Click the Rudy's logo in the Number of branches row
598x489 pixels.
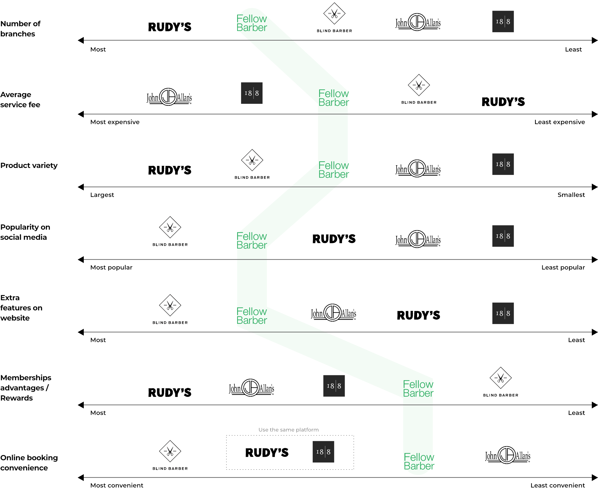tap(170, 27)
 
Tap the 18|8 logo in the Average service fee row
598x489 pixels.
tap(252, 93)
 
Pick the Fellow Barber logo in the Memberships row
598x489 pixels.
tap(418, 388)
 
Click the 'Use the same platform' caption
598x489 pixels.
tap(288, 430)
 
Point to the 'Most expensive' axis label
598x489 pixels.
tap(115, 122)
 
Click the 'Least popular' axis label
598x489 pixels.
tap(563, 267)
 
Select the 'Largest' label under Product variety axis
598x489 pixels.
tap(102, 195)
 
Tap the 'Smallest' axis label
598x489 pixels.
tap(571, 195)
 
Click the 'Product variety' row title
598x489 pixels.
tap(29, 165)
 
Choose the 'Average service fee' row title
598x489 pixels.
tap(20, 99)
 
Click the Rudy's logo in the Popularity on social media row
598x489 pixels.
tap(334, 239)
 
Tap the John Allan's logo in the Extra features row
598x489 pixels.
tap(333, 313)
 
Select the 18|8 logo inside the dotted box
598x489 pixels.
tap(323, 452)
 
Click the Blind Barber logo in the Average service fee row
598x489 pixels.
tap(419, 89)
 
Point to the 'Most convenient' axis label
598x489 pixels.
tap(117, 485)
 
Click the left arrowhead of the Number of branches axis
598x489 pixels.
tap(81, 40)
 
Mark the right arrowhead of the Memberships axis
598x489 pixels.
tap(595, 405)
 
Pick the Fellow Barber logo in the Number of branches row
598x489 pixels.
tap(251, 23)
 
